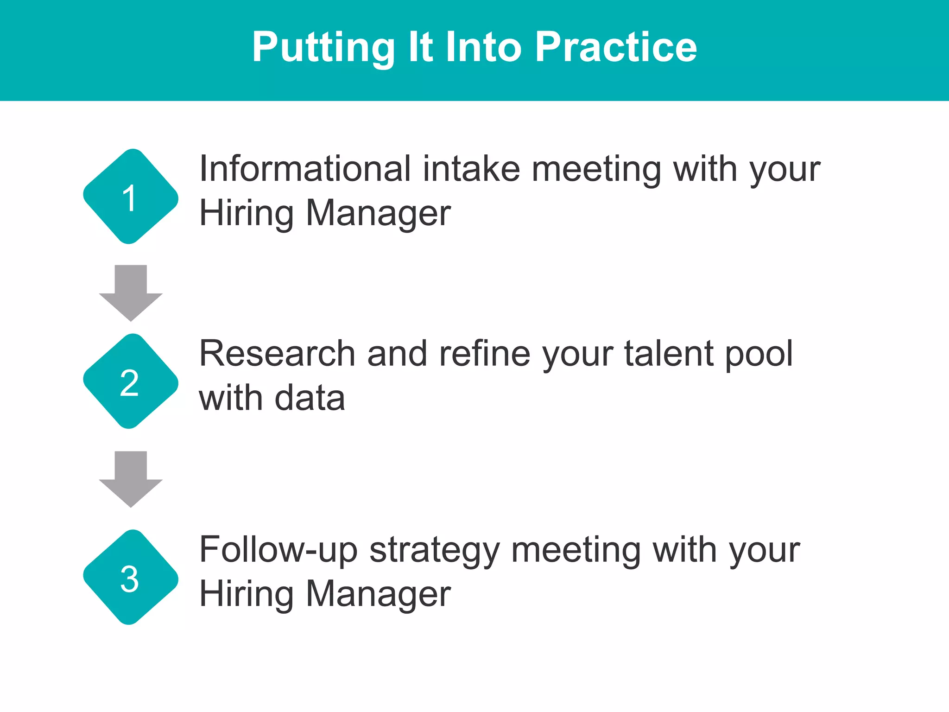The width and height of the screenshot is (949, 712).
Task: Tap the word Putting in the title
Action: point(323,48)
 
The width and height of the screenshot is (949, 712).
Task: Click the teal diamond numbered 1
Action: point(131,197)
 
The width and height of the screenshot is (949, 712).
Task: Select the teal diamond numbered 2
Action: point(131,381)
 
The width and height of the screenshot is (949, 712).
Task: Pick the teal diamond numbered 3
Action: point(131,577)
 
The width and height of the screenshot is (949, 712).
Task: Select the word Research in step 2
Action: point(277,354)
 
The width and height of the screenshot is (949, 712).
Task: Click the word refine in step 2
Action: point(484,354)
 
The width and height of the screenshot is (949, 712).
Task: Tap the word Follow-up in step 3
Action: point(278,551)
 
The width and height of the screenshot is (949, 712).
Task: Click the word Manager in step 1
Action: point(378,214)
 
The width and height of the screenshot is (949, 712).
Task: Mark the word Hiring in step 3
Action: point(246,595)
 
